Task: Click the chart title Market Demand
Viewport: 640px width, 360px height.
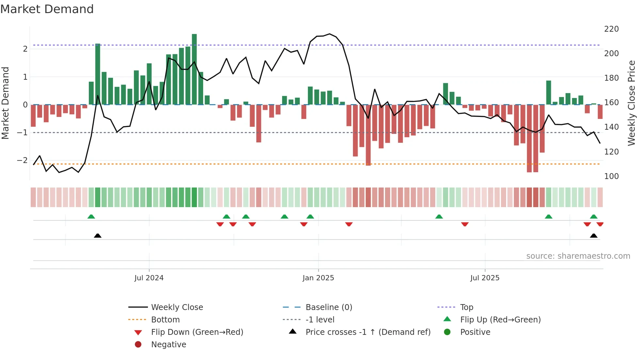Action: tap(47, 9)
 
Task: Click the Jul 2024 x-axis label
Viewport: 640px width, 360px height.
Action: tap(149, 278)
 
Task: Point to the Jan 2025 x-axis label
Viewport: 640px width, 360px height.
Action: tap(318, 278)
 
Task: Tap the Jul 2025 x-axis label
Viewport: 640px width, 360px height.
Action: tap(485, 278)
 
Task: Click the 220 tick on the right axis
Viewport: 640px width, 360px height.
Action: tap(611, 29)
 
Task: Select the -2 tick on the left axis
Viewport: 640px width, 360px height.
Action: tap(22, 160)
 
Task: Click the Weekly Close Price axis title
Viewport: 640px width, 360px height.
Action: tap(632, 103)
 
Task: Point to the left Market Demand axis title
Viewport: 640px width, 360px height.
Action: tap(6, 103)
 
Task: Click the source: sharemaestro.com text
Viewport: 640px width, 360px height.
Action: tap(578, 256)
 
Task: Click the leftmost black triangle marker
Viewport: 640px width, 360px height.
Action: tap(98, 236)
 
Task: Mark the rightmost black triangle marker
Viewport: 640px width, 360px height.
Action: tap(594, 236)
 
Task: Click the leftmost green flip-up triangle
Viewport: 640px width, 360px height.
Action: tap(91, 217)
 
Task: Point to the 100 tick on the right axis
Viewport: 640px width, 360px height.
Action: tap(611, 176)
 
